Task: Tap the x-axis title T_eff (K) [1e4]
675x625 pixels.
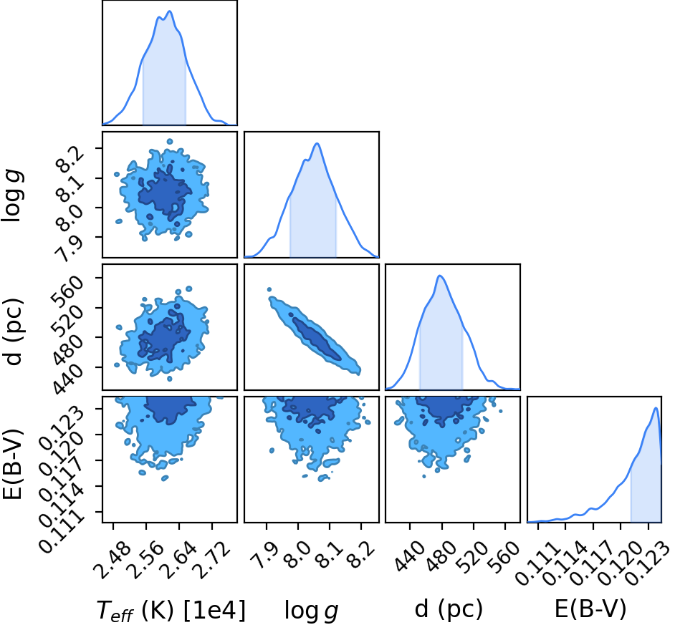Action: tap(171, 611)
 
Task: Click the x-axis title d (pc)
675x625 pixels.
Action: tap(449, 609)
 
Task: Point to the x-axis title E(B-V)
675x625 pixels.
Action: tap(590, 609)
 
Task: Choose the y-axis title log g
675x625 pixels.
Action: tap(12, 196)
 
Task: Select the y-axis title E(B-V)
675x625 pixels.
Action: tap(12, 464)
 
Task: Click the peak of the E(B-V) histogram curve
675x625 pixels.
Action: tap(656, 408)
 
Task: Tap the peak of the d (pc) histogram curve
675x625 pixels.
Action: tap(440, 276)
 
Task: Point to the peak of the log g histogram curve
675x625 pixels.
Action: tap(317, 143)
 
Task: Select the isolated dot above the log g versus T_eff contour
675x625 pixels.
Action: tap(170, 142)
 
